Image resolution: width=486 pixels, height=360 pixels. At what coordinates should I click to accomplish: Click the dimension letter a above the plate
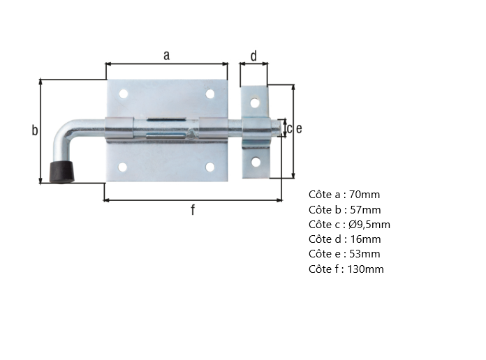click(166, 56)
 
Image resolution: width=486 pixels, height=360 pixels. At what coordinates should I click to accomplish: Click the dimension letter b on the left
click(34, 130)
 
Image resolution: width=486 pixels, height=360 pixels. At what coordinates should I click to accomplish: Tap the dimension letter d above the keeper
click(253, 56)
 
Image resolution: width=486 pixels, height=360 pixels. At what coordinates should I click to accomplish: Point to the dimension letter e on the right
click(299, 128)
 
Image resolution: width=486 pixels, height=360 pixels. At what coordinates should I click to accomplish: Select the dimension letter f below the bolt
click(193, 211)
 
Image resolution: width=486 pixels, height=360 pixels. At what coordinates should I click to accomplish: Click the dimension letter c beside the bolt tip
click(289, 128)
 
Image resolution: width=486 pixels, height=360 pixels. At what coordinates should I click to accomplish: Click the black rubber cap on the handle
click(62, 172)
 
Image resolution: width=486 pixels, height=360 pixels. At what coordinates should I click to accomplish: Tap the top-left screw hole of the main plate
click(123, 93)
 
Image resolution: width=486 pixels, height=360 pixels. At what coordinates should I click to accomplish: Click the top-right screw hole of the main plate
click(209, 93)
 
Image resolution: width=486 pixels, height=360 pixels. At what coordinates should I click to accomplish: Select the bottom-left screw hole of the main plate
click(123, 167)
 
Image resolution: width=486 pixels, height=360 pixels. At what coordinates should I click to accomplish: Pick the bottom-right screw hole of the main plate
click(209, 167)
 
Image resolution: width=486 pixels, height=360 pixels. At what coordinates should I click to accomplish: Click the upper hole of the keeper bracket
click(256, 103)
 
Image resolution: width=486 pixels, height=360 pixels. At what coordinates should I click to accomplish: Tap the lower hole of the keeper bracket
click(256, 162)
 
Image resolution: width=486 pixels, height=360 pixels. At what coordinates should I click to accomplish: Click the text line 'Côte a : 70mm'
click(344, 195)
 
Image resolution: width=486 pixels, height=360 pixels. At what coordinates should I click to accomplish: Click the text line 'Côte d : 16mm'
click(345, 239)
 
